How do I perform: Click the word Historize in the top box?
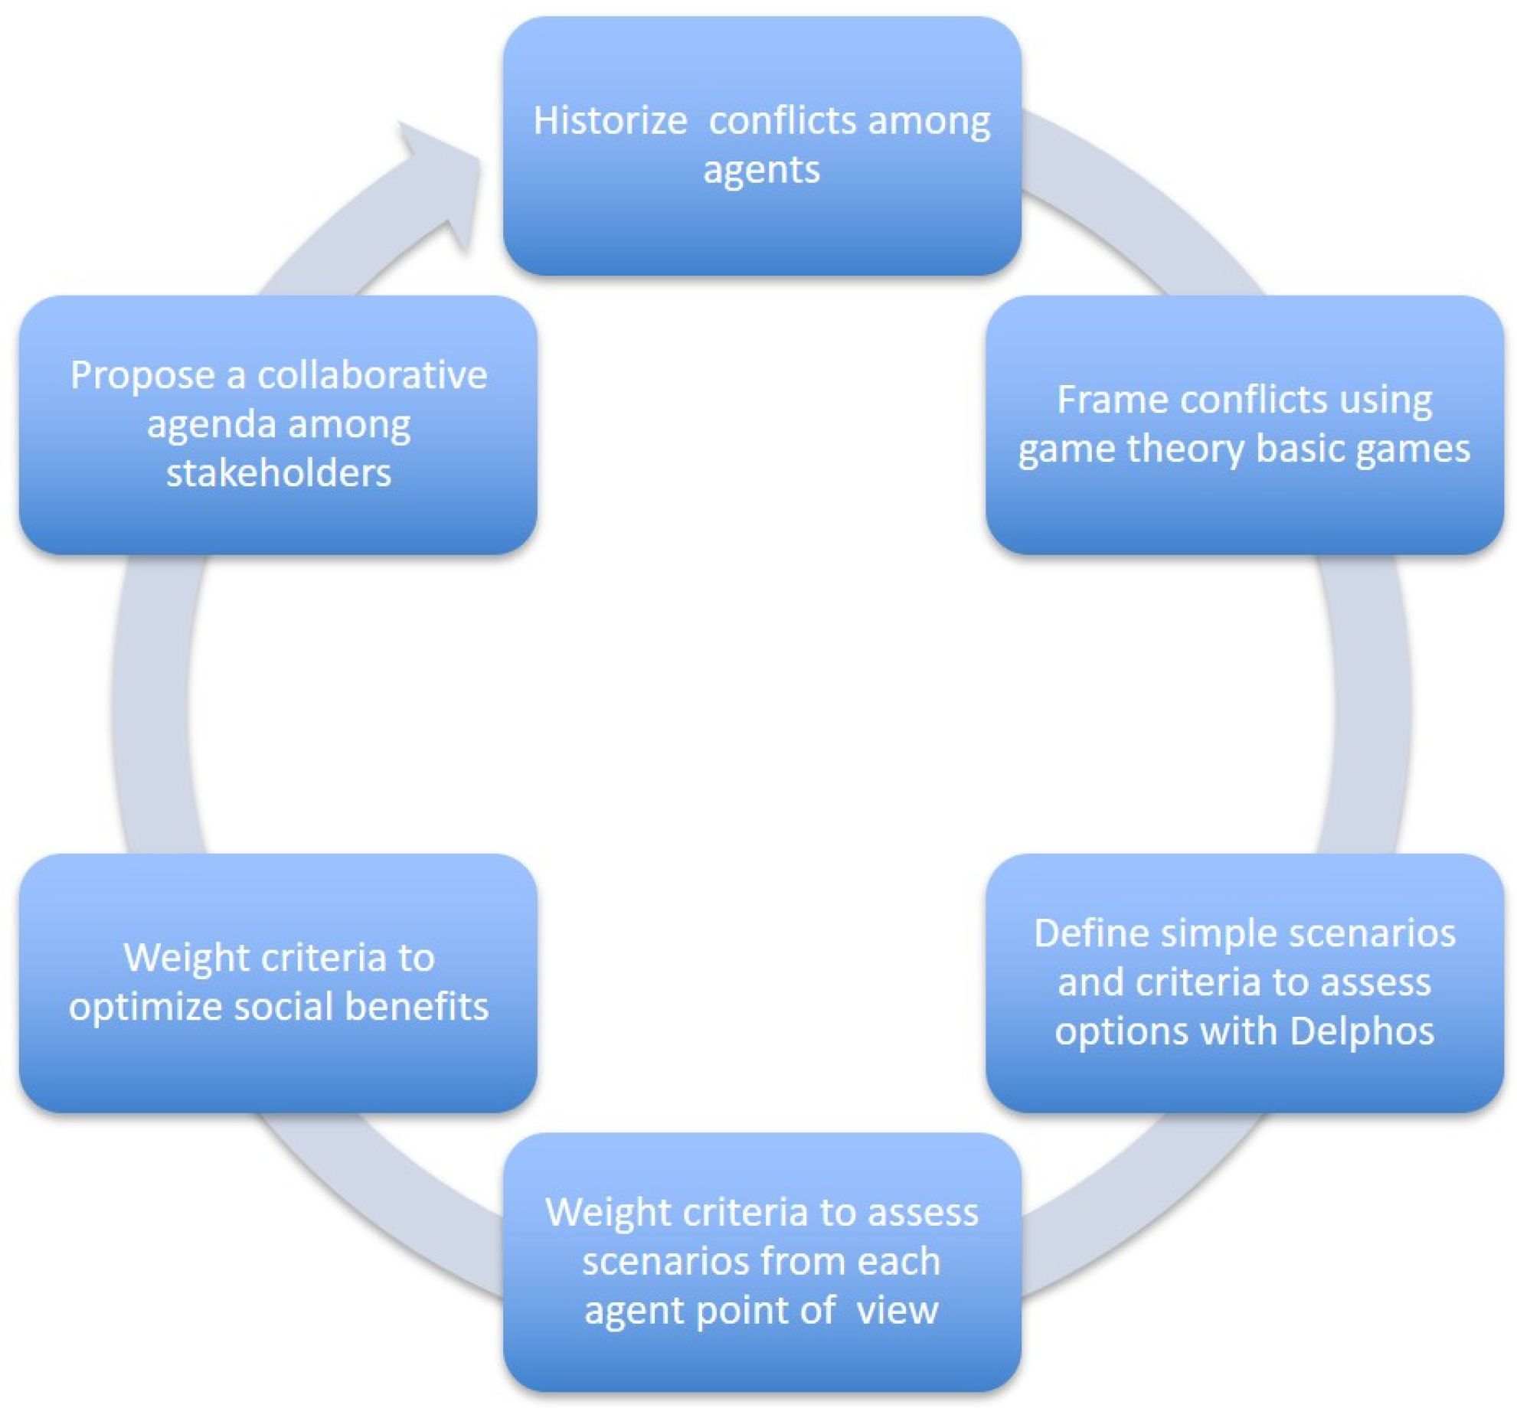pos(610,121)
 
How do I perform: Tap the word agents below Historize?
pos(761,170)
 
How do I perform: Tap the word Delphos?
pos(1362,1031)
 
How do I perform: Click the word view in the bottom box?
pos(897,1310)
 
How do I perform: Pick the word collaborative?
pos(372,375)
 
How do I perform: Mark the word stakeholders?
pos(279,473)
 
